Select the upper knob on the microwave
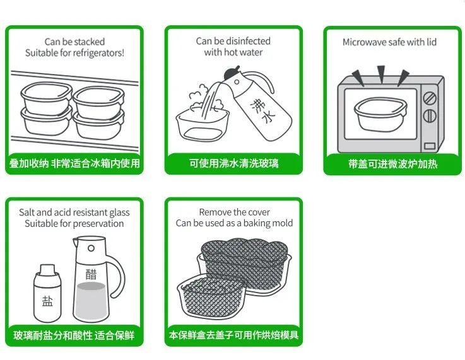pyautogui.click(x=429, y=99)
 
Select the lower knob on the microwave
pyautogui.click(x=429, y=116)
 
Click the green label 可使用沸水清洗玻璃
pyautogui.click(x=233, y=164)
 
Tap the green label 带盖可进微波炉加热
pyautogui.click(x=392, y=164)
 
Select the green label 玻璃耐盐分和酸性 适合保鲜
pyautogui.click(x=74, y=335)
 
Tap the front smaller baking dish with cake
pyautogui.click(x=211, y=299)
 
